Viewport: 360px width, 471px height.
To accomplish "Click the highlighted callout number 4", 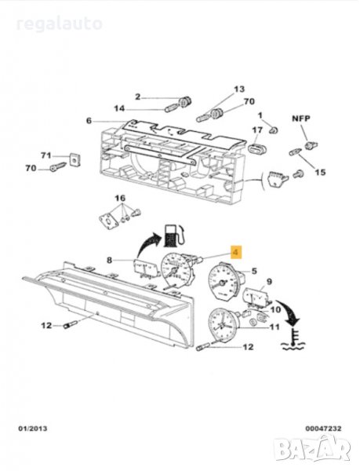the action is click(x=236, y=252).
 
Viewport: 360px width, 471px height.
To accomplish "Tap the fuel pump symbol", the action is click(x=174, y=235).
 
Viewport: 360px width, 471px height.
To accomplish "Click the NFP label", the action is click(x=301, y=119).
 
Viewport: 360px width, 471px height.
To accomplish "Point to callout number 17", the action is click(x=257, y=130).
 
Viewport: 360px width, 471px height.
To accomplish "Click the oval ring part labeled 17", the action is click(x=256, y=148).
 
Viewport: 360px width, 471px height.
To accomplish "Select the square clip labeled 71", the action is click(x=75, y=159).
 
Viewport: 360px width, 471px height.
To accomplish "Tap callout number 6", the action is click(x=89, y=121).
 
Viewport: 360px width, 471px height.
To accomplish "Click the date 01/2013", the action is click(x=33, y=429).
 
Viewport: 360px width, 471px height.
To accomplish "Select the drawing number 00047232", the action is click(x=323, y=429).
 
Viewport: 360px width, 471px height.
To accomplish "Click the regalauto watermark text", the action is click(x=59, y=24).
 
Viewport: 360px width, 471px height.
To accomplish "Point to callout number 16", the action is click(x=120, y=199).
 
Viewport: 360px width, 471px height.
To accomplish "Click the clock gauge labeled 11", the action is click(x=223, y=325).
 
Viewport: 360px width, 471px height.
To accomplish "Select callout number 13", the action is click(x=239, y=89).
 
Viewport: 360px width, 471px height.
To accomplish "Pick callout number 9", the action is click(x=269, y=282).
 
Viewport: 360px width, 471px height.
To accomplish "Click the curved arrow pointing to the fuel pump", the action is click(x=148, y=245).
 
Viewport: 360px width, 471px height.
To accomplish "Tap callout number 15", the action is click(x=320, y=173).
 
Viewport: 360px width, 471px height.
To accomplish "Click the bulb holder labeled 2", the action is click(x=185, y=101).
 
